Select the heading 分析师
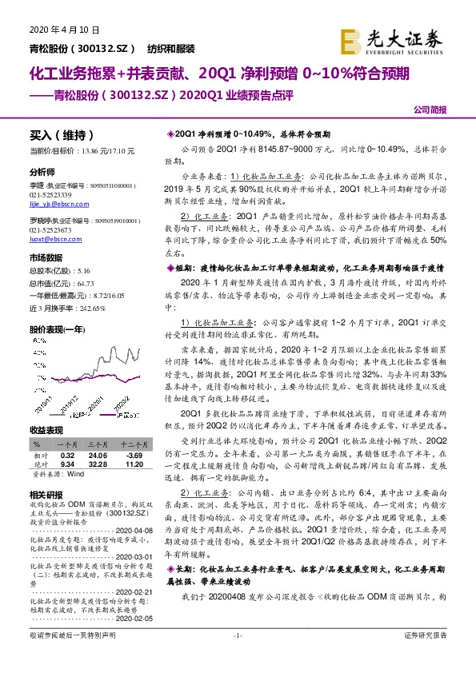(42, 172)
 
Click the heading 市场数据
(45, 257)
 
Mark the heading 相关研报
(45, 494)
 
